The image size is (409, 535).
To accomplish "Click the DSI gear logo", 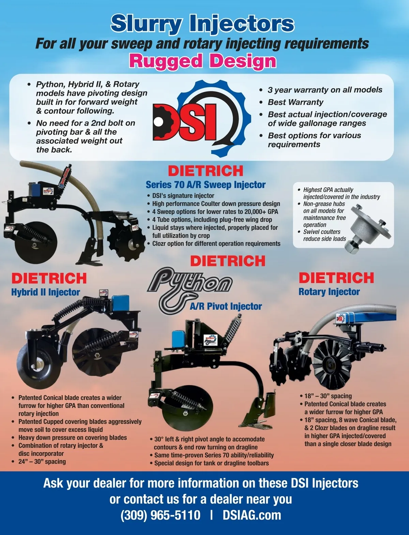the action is tap(202, 119).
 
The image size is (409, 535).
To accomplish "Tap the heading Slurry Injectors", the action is tap(202, 24).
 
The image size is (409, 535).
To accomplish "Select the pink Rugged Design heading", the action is tap(203, 61).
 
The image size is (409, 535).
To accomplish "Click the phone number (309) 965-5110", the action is tap(161, 515).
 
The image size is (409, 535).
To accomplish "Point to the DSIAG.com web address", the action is tap(252, 515).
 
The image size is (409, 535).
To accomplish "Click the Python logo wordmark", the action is tap(190, 289).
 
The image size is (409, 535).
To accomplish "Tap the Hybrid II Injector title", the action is tap(46, 292).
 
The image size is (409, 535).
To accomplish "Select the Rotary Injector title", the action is tap(329, 292).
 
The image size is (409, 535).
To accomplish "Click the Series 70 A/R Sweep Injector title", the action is tap(206, 185).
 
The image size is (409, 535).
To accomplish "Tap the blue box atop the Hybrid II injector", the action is tap(121, 302).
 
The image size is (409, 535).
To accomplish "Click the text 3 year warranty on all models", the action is tap(325, 90).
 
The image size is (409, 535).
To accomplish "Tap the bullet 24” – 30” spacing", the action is tap(42, 462).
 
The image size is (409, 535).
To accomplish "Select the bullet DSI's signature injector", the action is tap(183, 196).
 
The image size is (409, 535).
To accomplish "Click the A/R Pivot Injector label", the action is tap(226, 307).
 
